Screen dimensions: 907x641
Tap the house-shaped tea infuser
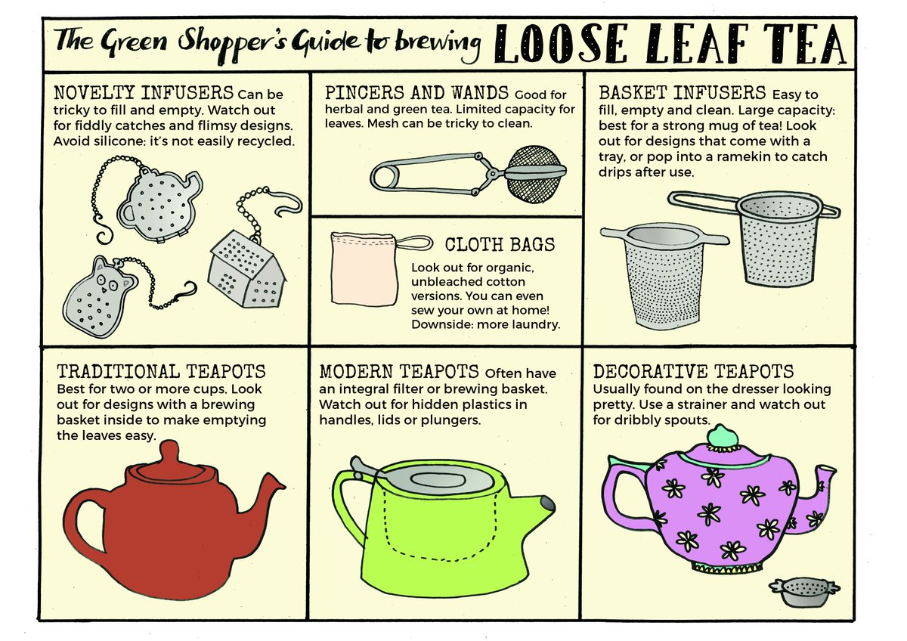pos(246,269)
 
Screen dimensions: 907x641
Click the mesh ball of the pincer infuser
pos(535,174)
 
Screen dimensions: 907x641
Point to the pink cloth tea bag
pos(364,269)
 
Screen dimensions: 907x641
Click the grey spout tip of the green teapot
pos(548,504)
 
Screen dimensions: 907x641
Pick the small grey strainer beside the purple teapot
pos(804,592)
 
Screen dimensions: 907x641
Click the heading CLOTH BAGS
pos(500,245)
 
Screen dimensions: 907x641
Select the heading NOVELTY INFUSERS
pos(144,93)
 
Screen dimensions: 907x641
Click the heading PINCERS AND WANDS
pos(416,93)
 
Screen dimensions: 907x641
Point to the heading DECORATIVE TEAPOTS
pos(693,371)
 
